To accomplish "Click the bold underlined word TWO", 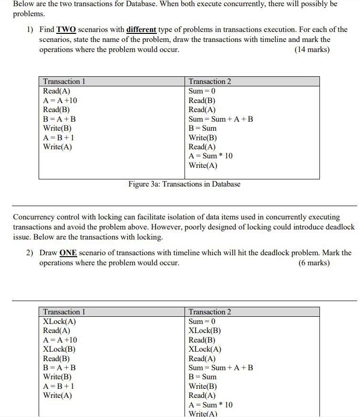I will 66,30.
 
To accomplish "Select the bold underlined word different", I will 141,30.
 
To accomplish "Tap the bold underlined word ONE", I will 68,253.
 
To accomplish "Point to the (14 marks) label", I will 312,50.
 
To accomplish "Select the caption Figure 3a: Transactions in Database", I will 184,184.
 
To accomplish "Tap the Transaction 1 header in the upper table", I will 64,82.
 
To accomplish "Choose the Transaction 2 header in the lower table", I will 210,312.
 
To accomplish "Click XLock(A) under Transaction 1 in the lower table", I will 60,321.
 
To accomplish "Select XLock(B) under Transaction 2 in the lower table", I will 205,330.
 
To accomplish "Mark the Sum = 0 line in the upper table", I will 202,91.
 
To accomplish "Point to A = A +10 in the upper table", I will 60,100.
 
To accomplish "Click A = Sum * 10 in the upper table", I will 211,156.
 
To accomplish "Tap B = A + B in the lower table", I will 59,367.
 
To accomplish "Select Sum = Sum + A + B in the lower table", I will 221,367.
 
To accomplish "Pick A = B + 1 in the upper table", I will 59,137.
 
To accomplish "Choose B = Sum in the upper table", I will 203,128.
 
